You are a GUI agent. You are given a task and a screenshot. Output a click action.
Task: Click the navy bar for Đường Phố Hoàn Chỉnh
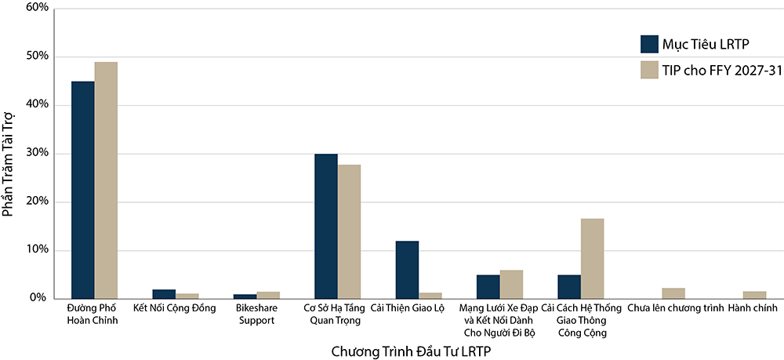pos(83,190)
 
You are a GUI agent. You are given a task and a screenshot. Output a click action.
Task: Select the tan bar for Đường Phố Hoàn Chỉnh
pos(106,180)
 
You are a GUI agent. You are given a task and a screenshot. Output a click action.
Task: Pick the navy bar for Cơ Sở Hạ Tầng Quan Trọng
pos(326,227)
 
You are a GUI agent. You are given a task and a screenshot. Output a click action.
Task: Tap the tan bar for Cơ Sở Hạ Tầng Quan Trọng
pos(349,232)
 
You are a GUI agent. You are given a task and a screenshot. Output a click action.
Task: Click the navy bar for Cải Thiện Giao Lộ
pos(407,270)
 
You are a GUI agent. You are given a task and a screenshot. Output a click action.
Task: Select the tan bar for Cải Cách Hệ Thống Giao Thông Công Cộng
pos(592,259)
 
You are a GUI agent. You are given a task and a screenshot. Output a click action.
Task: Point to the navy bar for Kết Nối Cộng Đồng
pos(164,294)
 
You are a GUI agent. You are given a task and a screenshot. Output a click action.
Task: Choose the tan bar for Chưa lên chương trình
pos(673,293)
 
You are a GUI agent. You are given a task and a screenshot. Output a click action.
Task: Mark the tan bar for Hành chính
pos(754,295)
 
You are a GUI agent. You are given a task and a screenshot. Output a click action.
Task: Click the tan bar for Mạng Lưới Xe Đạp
pos(511,285)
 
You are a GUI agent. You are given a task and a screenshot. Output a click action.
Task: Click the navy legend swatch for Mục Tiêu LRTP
pos(649,44)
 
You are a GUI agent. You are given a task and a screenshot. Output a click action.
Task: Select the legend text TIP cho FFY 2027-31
pos(719,71)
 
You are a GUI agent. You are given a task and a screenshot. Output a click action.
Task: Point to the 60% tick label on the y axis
pos(36,9)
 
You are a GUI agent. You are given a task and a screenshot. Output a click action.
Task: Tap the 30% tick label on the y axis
pos(36,154)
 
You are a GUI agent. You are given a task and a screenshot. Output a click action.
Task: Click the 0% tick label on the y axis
pos(39,299)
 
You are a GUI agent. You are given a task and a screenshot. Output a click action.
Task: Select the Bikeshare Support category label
pos(256,315)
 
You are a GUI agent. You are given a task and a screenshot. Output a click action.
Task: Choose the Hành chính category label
pos(753,308)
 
